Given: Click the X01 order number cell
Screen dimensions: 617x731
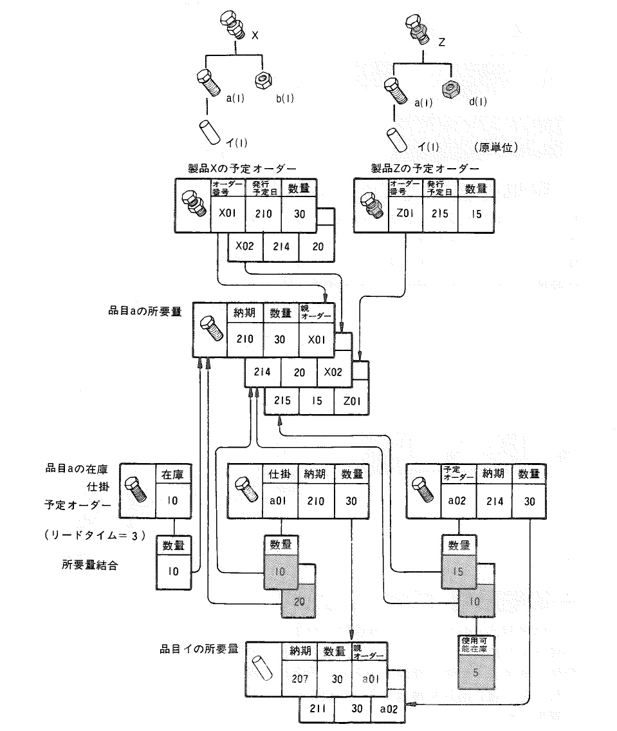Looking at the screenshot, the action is point(228,214).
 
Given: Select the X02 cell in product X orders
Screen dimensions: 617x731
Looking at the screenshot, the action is point(245,247).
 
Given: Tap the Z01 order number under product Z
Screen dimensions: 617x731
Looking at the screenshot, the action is point(405,214).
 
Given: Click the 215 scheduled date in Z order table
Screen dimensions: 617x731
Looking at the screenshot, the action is point(440,214).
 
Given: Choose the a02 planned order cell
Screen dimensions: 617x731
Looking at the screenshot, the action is point(457,501).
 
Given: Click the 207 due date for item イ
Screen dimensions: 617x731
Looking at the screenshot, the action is point(300,679).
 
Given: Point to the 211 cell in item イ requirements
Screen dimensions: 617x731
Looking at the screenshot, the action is point(318,708).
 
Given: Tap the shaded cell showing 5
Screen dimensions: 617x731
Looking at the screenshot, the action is point(476,672).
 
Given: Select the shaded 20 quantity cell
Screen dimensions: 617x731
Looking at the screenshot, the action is point(299,602).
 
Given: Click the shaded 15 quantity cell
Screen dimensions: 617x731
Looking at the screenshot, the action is point(458,571).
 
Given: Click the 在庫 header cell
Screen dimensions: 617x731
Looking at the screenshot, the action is point(173,474).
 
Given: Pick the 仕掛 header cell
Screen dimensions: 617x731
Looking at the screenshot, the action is point(280,473).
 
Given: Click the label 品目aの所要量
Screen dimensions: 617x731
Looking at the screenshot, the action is point(145,311).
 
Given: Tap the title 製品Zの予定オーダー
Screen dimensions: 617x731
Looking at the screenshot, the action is point(425,168).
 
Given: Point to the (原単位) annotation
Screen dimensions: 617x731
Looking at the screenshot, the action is point(497,147).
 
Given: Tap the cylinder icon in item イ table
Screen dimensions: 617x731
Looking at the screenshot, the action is point(262,669).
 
